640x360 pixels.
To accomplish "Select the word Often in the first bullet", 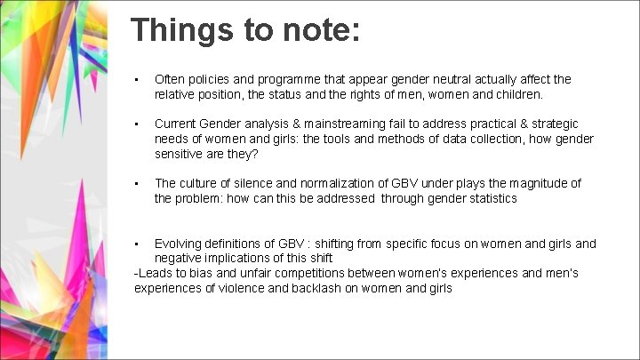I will (x=171, y=79).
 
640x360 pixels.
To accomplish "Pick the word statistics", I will (x=487, y=198).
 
